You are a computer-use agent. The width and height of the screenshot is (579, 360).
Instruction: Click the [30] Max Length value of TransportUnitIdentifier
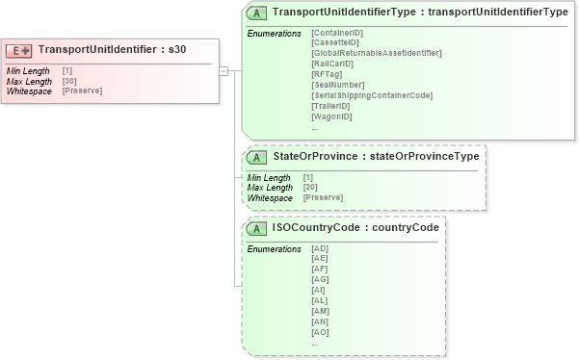pyautogui.click(x=69, y=81)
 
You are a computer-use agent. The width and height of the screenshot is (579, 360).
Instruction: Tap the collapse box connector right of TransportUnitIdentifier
pyautogui.click(x=224, y=70)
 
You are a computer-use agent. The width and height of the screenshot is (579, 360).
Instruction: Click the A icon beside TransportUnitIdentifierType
pyautogui.click(x=257, y=13)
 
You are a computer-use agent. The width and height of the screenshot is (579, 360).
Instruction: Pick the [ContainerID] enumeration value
pyautogui.click(x=337, y=34)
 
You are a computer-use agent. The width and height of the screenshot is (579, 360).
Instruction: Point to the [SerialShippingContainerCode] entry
pyautogui.click(x=372, y=95)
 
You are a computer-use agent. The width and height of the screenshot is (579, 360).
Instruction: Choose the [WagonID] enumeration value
pyautogui.click(x=331, y=116)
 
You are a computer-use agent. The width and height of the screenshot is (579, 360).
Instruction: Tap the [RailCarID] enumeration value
pyautogui.click(x=332, y=64)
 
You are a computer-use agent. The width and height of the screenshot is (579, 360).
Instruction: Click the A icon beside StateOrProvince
pyautogui.click(x=257, y=157)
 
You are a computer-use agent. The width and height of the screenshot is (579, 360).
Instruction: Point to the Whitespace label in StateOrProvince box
pyautogui.click(x=269, y=197)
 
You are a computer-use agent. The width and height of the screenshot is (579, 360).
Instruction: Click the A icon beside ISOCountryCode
pyautogui.click(x=257, y=229)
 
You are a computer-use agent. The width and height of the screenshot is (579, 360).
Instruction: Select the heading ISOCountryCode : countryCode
pyautogui.click(x=355, y=228)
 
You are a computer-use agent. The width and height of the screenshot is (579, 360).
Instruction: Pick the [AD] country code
pyautogui.click(x=320, y=248)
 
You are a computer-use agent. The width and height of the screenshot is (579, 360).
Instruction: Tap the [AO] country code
pyautogui.click(x=320, y=332)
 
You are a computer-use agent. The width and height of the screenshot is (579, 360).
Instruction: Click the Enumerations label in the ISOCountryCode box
pyautogui.click(x=275, y=248)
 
